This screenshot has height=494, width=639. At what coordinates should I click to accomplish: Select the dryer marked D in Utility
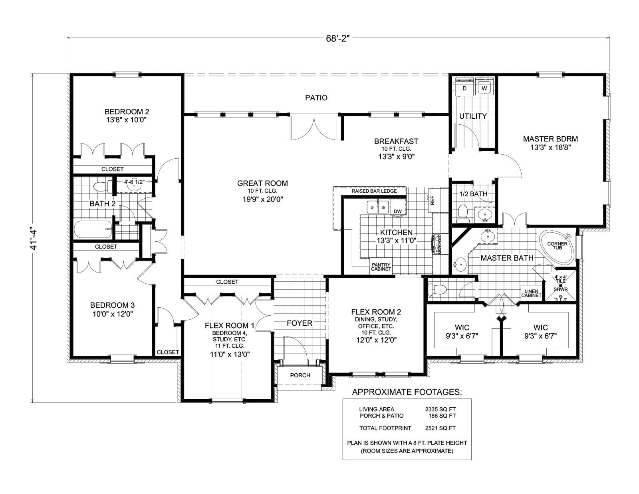[464, 88]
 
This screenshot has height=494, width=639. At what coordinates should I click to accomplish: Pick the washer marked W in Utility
[484, 88]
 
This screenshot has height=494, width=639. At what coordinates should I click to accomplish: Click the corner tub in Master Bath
[557, 247]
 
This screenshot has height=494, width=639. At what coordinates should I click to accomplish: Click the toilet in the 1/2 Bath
[463, 213]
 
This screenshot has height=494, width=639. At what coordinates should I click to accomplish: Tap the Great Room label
[262, 183]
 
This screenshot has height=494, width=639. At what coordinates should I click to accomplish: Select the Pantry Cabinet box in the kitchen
[381, 267]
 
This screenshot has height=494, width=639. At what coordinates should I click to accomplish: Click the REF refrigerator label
[432, 200]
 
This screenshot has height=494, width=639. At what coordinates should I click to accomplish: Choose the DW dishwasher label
[398, 211]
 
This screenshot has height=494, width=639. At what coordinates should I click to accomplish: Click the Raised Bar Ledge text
[374, 191]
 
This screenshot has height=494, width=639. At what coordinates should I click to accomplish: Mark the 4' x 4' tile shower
[561, 286]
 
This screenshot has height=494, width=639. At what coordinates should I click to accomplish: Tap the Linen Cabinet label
[531, 293]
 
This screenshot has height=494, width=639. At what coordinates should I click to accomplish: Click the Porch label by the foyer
[300, 375]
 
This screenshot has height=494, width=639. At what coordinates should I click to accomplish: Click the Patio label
[316, 98]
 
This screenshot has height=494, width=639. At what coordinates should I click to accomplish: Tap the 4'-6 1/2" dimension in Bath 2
[134, 182]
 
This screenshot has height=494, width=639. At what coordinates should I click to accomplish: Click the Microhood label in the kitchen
[439, 244]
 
